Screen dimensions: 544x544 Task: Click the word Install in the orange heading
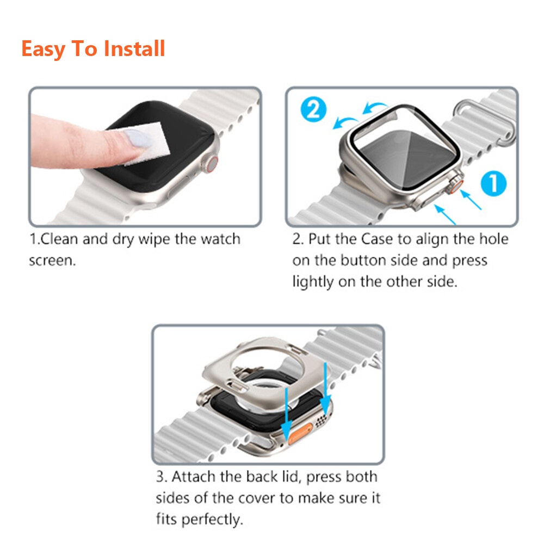134,48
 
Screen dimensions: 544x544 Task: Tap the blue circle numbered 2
313,110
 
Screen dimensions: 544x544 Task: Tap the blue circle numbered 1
493,183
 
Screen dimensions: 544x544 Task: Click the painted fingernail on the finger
138,138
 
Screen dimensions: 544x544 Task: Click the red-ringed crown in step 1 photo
211,165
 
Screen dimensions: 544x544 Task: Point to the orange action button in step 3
300,434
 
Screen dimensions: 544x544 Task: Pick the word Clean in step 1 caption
59,239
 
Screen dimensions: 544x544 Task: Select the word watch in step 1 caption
221,239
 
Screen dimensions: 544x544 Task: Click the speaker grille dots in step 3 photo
321,421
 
